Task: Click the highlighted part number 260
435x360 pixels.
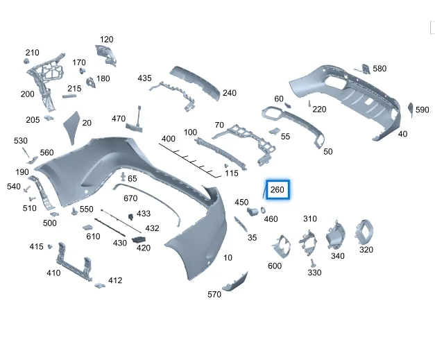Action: tap(278, 189)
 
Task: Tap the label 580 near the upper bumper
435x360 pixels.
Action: tap(379, 69)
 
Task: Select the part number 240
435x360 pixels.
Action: tap(230, 93)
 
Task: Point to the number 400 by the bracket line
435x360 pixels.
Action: tap(169, 139)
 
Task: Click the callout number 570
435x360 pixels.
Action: tap(214, 294)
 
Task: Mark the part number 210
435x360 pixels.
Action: tap(33, 53)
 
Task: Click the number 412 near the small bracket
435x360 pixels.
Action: tap(115, 280)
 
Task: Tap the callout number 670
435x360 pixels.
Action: tap(130, 198)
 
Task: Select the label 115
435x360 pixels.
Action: tap(232, 173)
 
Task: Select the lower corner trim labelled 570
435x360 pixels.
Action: tap(234, 282)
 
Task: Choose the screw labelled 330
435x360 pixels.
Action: tap(313, 263)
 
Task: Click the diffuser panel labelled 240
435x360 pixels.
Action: tap(198, 80)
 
